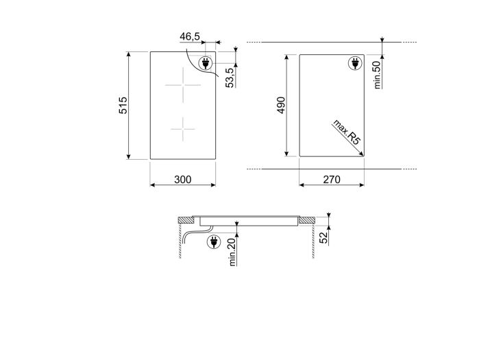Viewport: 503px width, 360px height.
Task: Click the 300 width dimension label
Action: coord(182,180)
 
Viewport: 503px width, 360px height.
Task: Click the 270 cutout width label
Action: coord(332,180)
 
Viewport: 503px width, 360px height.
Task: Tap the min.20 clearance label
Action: coord(232,252)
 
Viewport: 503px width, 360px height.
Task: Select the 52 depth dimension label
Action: coord(324,237)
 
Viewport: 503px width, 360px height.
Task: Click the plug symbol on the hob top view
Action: coord(205,64)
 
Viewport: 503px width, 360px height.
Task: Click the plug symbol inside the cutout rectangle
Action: coord(354,64)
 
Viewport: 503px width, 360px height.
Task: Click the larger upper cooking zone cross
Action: coord(183,85)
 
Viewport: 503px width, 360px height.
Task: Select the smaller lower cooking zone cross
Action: coord(183,127)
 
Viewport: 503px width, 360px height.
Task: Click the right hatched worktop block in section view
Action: coord(307,221)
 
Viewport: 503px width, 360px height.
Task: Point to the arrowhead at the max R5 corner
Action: coord(360,154)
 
